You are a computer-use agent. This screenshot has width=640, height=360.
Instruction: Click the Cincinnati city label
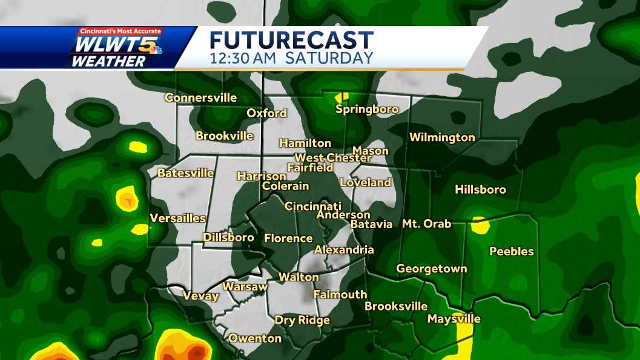[x=313, y=206]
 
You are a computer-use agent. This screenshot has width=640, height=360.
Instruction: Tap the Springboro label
[x=367, y=110]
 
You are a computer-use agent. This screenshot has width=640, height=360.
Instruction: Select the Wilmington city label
[x=442, y=137]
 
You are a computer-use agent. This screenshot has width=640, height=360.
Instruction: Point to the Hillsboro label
[x=480, y=190]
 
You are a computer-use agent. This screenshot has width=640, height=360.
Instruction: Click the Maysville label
[x=454, y=319]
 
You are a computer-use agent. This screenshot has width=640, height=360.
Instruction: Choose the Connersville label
[x=200, y=98]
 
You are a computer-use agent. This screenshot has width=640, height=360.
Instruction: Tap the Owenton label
[x=254, y=338]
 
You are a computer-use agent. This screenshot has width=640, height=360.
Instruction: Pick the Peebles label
[x=512, y=251]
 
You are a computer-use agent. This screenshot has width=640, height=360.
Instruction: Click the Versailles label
[x=177, y=218]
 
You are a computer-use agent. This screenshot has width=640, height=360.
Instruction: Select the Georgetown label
[x=432, y=269]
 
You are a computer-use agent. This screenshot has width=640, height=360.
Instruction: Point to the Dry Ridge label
[x=302, y=320]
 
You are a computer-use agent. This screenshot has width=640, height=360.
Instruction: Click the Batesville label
[x=185, y=173]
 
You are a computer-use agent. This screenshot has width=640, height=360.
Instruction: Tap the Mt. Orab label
[x=426, y=224]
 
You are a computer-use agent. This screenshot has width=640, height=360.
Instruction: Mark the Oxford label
[x=266, y=113]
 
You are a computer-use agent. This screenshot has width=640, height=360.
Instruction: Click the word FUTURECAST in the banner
[x=291, y=40]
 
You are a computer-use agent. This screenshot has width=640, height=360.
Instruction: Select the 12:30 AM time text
[x=243, y=59]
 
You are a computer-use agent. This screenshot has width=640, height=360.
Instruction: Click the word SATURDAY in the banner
[x=329, y=59]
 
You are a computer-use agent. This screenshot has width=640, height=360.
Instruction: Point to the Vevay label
[x=200, y=296]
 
